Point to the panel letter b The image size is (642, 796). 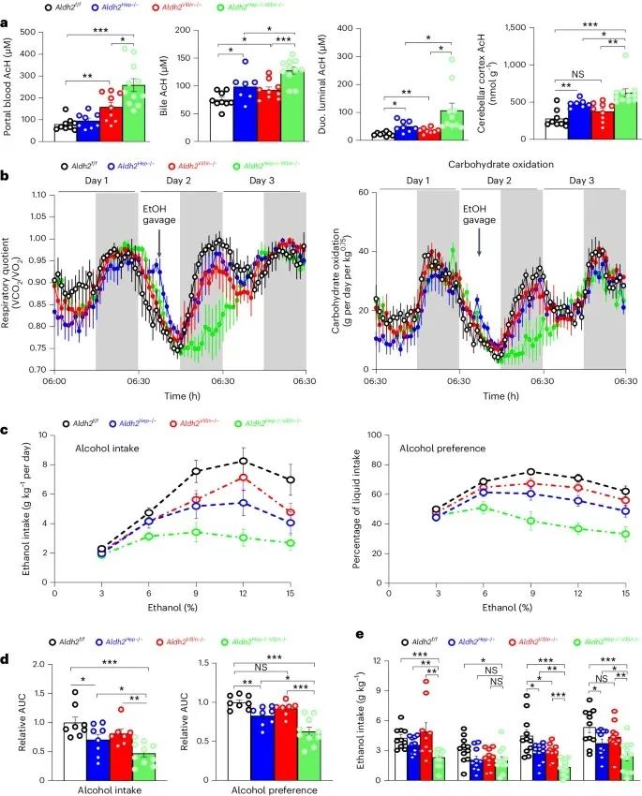[7, 175]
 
